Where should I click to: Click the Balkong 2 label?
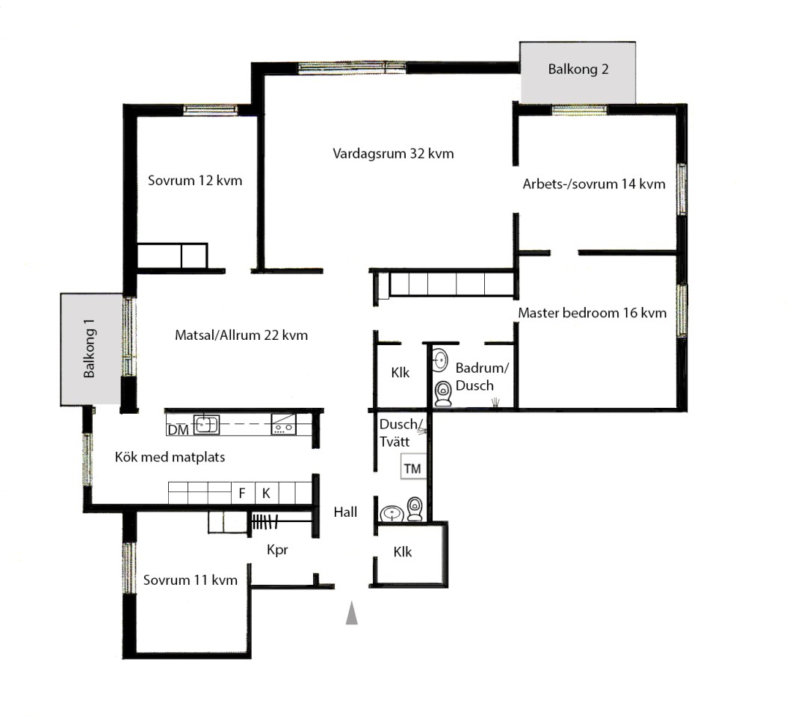click(578, 69)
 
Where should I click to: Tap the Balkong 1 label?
click(89, 348)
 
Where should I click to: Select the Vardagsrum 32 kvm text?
click(393, 153)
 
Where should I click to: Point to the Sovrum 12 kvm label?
click(195, 180)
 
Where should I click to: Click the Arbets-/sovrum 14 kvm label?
click(594, 184)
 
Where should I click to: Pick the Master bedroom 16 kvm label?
click(592, 313)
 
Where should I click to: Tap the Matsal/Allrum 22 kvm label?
click(241, 335)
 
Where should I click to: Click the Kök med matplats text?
click(170, 457)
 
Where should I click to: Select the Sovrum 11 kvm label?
click(191, 580)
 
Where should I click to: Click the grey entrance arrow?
click(352, 613)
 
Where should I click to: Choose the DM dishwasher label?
click(178, 430)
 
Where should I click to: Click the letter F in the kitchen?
click(242, 493)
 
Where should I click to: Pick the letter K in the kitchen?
click(266, 493)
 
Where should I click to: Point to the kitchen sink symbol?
click(207, 424)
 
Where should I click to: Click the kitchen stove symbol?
click(284, 424)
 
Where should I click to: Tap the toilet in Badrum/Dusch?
click(443, 394)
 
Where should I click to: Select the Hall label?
click(345, 512)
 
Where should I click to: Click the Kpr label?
click(277, 550)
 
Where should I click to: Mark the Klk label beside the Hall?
click(403, 552)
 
